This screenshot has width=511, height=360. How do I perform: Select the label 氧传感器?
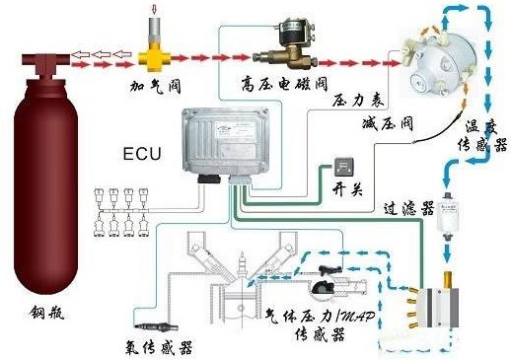pos(158,348)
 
